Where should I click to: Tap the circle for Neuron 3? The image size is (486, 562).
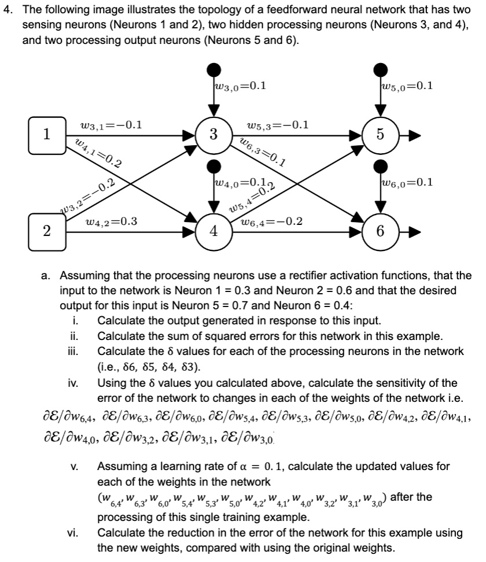pos(214,135)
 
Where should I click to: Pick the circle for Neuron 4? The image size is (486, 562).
pos(214,231)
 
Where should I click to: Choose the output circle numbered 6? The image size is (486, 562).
pos(380,231)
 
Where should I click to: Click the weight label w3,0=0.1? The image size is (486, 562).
pos(240,87)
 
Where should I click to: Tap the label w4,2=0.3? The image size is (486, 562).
pos(111,221)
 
